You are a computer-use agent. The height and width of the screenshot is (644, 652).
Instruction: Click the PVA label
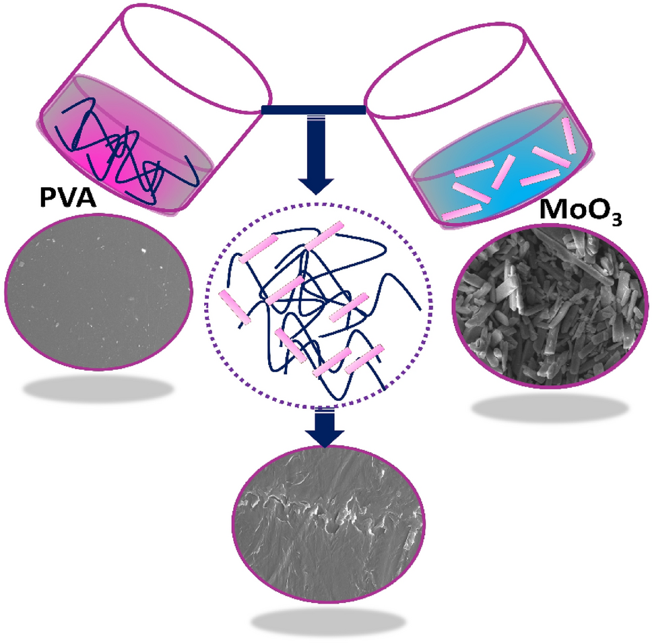[x=68, y=197]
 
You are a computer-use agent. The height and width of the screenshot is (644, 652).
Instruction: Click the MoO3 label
[x=581, y=211]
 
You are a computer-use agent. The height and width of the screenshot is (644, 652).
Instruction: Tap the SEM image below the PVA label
[x=98, y=292]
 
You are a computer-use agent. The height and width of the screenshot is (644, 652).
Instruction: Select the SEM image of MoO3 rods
[x=550, y=307]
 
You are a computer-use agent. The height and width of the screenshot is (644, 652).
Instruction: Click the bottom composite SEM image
[x=329, y=524]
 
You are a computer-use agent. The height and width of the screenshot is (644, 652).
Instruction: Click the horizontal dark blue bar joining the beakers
[x=313, y=110]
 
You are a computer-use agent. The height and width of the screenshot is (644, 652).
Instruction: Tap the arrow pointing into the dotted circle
[x=316, y=155]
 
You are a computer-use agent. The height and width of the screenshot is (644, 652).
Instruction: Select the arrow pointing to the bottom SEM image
[x=325, y=428]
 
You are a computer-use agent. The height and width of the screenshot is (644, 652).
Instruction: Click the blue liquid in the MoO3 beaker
[x=501, y=166]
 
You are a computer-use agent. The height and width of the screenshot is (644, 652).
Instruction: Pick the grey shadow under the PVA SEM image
[x=98, y=389]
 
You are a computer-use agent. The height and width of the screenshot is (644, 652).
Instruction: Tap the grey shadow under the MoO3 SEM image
[x=550, y=408]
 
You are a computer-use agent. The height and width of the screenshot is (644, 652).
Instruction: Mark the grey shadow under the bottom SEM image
[x=328, y=622]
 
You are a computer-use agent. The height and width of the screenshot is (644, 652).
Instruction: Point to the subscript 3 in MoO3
[x=616, y=219]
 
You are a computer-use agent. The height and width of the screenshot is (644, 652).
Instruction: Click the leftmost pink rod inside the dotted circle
[x=234, y=307]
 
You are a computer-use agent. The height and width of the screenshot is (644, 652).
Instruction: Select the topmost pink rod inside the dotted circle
[x=325, y=235]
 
